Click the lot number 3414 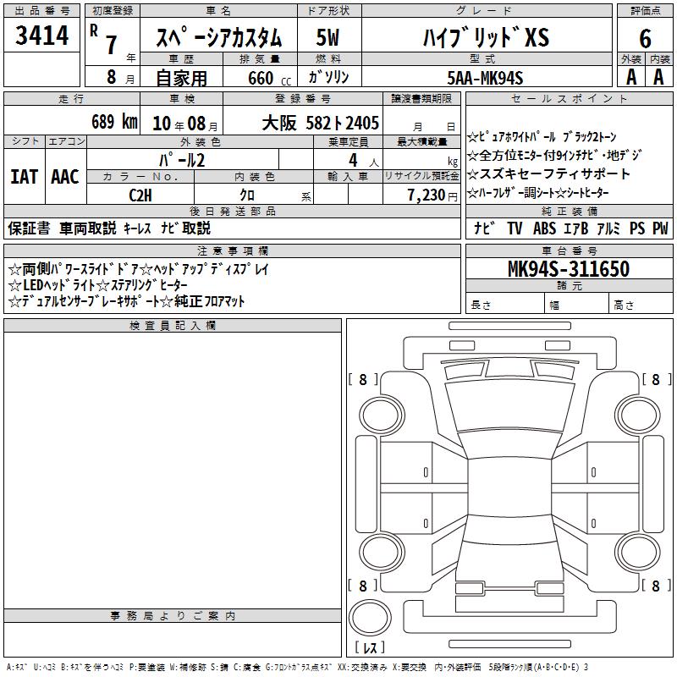(41, 35)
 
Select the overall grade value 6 (645, 38)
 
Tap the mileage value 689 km (114, 122)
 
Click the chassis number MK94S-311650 (569, 268)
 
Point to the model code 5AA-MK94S (485, 78)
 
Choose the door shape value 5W (327, 37)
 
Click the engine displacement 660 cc (269, 79)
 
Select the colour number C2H (140, 195)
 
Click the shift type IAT (25, 177)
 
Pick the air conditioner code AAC (65, 177)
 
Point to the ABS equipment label (544, 228)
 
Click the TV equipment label (515, 228)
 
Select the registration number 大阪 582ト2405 (321, 123)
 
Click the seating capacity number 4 (353, 160)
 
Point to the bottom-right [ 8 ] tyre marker (656, 586)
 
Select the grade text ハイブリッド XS (486, 37)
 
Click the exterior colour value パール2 (182, 160)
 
